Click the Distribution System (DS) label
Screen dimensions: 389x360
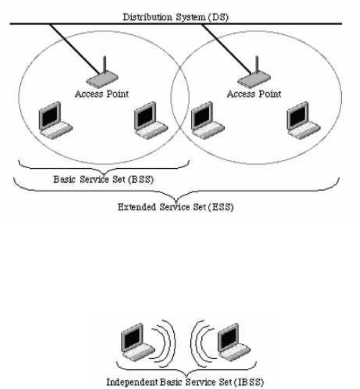click(176, 17)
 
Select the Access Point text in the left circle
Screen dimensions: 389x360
click(101, 94)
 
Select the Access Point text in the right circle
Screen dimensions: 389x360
click(254, 94)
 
